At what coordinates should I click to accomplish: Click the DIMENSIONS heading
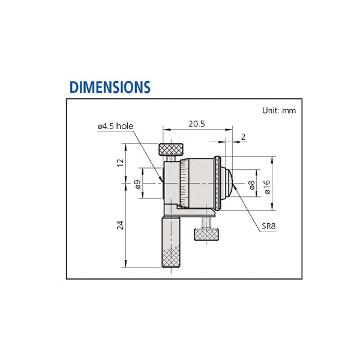pyautogui.click(x=110, y=87)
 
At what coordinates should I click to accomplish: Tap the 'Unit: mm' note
pyautogui.click(x=279, y=110)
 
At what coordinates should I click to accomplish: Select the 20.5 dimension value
pyautogui.click(x=197, y=124)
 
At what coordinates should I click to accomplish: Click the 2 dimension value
pyautogui.click(x=244, y=137)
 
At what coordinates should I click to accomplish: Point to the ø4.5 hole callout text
pyautogui.click(x=115, y=126)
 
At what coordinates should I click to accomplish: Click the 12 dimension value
pyautogui.click(x=121, y=163)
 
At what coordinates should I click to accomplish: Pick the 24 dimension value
pyautogui.click(x=121, y=225)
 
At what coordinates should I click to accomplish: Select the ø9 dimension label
pyautogui.click(x=137, y=184)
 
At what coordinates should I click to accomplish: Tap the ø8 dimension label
pyautogui.click(x=252, y=185)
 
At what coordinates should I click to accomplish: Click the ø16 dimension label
pyautogui.click(x=267, y=187)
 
